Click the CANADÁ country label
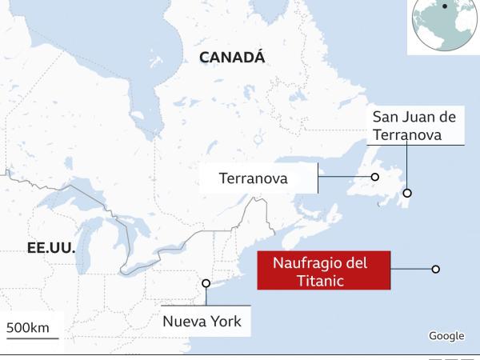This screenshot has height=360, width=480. [231, 57]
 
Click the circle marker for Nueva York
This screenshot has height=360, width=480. [206, 283]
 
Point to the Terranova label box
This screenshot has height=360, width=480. [254, 178]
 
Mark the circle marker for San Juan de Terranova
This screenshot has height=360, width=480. [407, 193]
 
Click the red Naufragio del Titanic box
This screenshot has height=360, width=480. [324, 270]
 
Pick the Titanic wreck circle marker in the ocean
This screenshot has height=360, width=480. [435, 270]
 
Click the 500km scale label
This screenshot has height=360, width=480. [28, 327]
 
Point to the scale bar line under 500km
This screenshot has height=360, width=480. [30, 339]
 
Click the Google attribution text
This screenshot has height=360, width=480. [446, 336]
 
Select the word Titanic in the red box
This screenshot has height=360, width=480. [324, 280]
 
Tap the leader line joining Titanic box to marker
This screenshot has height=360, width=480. [410, 270]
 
